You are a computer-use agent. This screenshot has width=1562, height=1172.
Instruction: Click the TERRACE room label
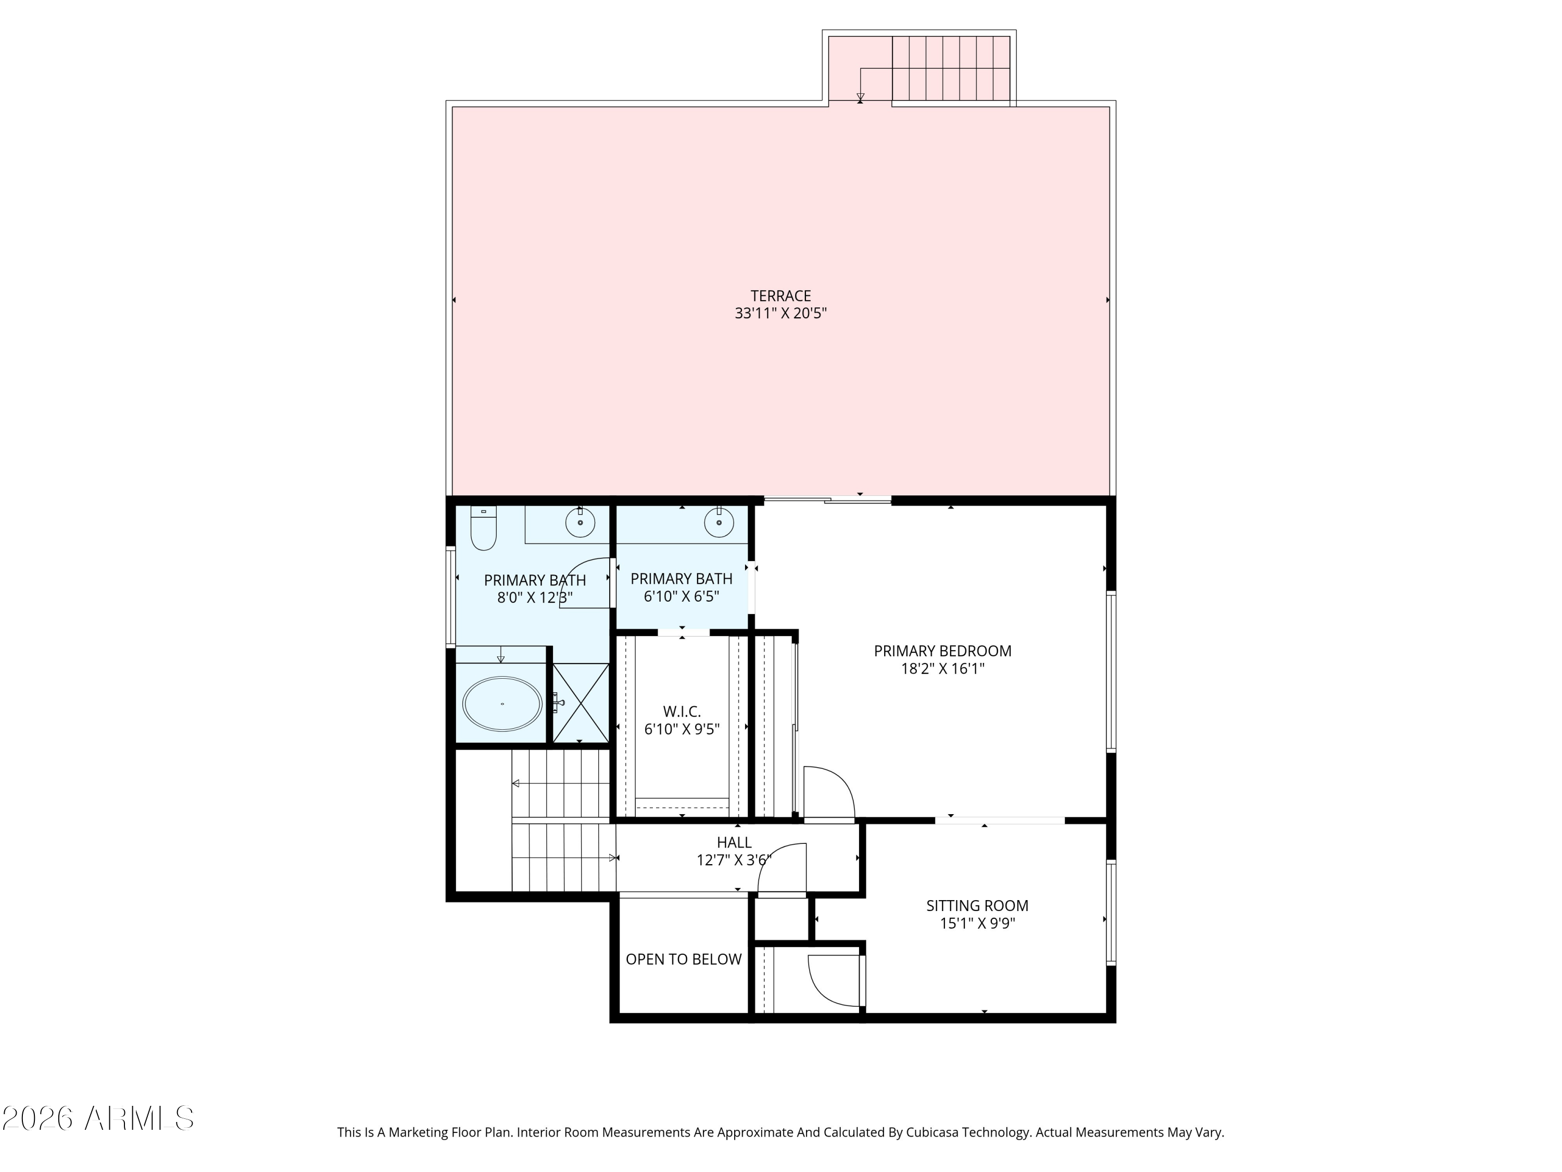780,296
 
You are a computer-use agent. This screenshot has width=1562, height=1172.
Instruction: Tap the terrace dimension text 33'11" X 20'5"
780,314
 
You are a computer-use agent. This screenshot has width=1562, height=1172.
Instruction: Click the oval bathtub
502,704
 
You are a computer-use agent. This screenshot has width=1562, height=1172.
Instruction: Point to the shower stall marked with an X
581,703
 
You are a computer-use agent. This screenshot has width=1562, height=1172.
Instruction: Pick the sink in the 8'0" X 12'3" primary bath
580,523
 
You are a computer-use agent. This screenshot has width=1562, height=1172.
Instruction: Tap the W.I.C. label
682,712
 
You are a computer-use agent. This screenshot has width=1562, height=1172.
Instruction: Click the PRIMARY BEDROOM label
942,651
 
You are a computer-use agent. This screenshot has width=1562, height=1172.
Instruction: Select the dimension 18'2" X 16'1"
942,669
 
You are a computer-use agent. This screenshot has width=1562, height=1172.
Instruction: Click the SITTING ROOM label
977,906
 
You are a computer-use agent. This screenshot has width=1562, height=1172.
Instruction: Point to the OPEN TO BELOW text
683,959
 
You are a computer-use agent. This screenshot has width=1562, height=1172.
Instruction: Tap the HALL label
734,842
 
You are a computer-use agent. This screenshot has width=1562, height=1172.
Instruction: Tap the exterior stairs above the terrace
950,69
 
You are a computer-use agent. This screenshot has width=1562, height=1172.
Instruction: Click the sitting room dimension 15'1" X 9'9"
977,924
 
